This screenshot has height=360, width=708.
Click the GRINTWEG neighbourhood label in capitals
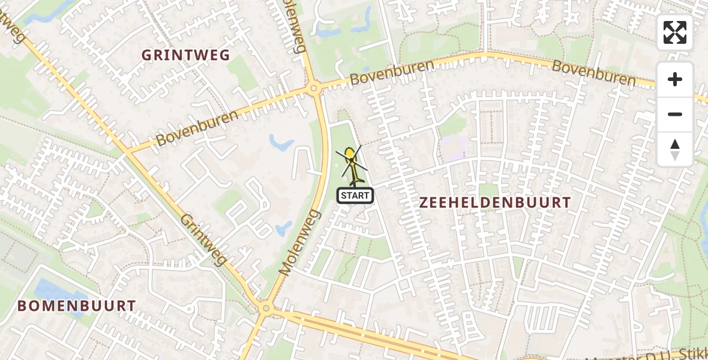(x=185, y=55)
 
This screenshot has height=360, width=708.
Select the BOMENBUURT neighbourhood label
(x=77, y=305)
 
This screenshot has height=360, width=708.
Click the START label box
(x=355, y=195)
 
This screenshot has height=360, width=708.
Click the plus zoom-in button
(x=675, y=79)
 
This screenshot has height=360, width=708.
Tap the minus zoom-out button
(x=675, y=114)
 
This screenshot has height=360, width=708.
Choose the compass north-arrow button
(x=675, y=149)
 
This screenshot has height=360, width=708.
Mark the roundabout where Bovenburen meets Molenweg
(x=313, y=89)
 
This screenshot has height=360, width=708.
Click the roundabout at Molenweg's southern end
(x=265, y=309)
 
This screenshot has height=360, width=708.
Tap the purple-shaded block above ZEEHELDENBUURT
(x=454, y=146)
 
